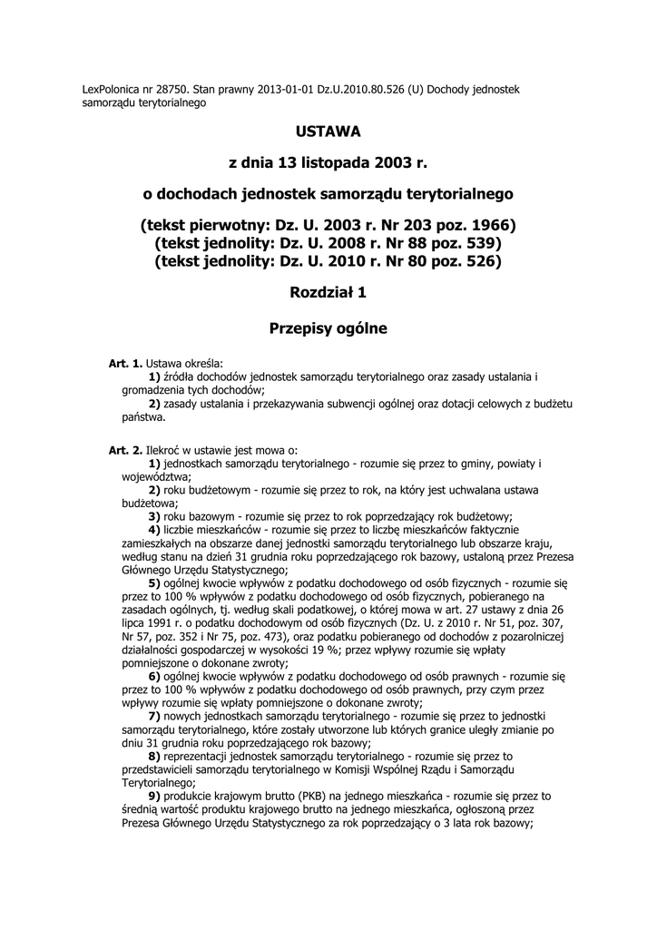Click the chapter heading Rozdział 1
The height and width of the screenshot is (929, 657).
(x=328, y=292)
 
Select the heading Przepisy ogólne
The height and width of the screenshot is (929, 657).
(x=328, y=328)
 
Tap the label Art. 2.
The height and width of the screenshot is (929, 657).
(x=126, y=450)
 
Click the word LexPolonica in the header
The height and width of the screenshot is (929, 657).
(x=111, y=90)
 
